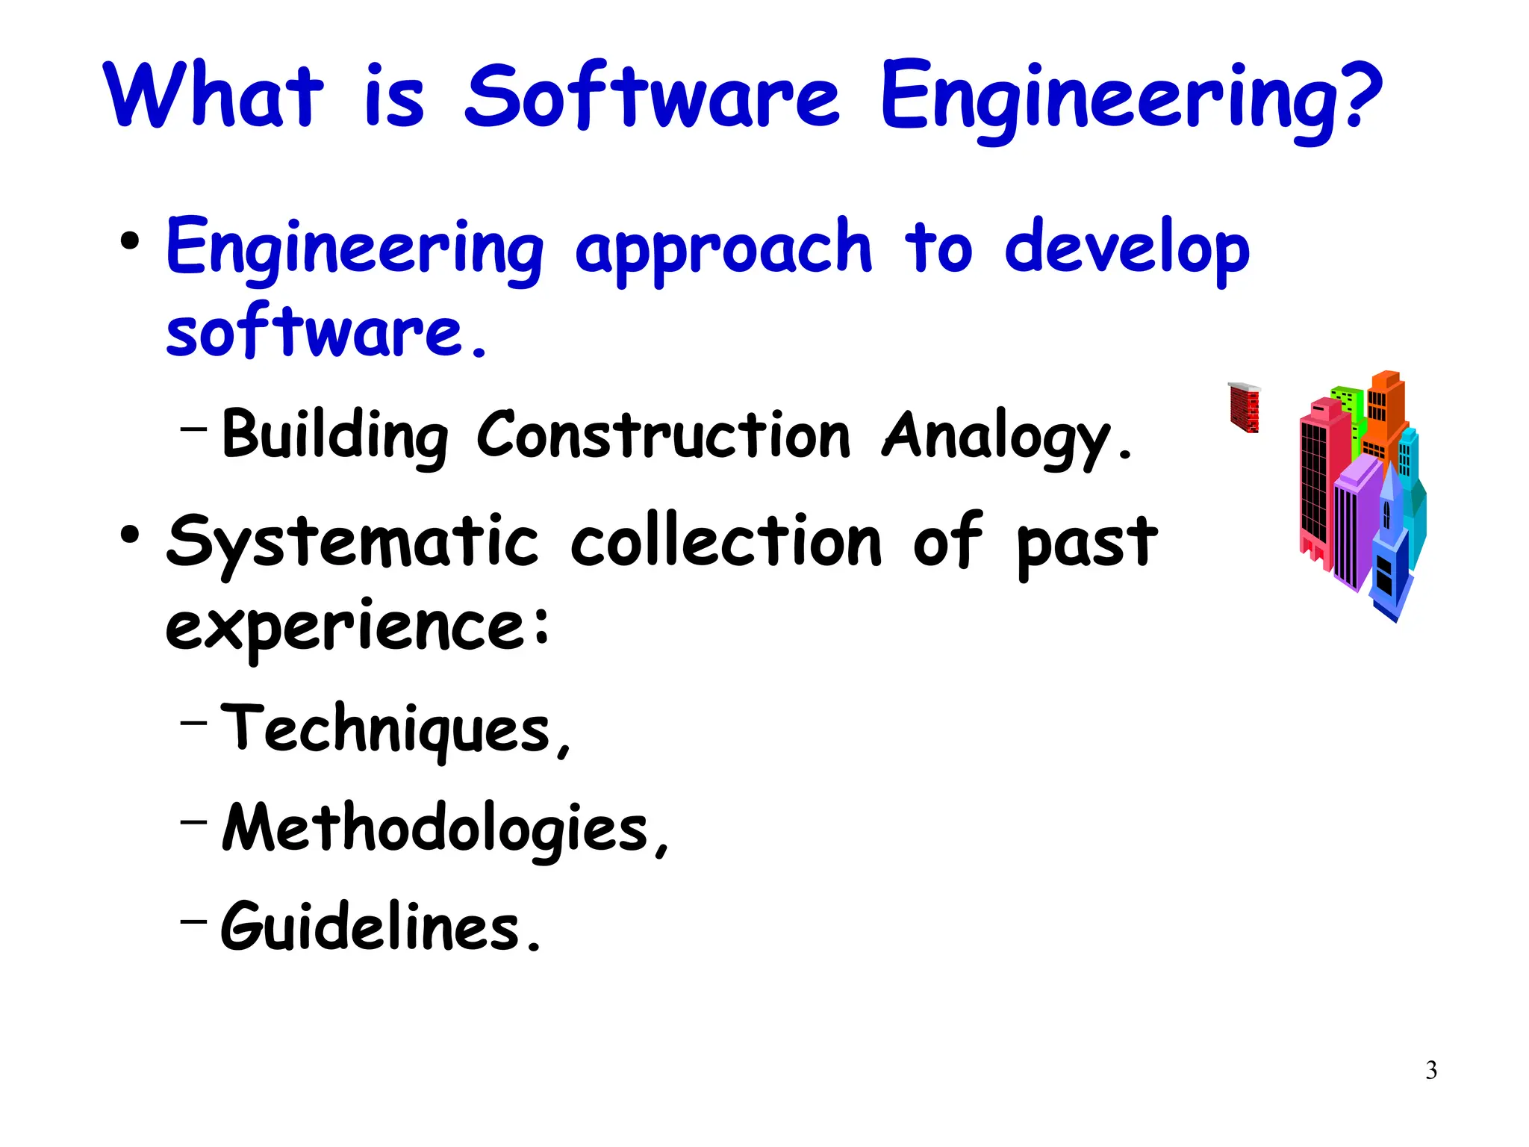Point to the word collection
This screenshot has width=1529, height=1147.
(726, 541)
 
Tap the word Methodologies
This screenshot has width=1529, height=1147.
(435, 828)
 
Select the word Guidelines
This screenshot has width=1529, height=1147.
(370, 927)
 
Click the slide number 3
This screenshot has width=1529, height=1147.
(1431, 1070)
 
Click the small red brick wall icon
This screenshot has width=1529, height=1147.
(1245, 408)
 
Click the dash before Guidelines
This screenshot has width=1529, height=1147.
(193, 921)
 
